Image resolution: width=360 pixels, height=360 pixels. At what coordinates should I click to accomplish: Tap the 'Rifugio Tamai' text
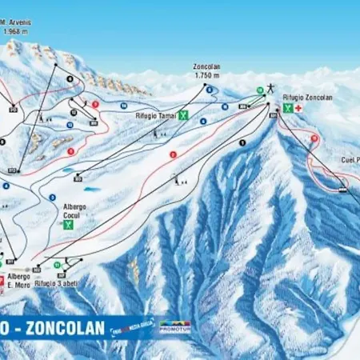click(x=155, y=115)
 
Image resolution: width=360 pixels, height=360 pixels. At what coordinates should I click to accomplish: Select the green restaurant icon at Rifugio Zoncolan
click(x=286, y=107)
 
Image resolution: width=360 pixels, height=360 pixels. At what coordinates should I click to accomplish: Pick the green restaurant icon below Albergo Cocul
click(x=69, y=225)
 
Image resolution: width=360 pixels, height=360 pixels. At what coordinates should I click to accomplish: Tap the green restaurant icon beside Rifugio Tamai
click(x=183, y=115)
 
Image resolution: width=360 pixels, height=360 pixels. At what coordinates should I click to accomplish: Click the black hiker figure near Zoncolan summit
click(x=272, y=87)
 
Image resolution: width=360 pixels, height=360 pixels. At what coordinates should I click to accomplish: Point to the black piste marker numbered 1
click(x=241, y=142)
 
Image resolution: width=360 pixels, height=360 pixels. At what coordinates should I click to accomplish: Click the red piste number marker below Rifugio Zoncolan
click(x=314, y=138)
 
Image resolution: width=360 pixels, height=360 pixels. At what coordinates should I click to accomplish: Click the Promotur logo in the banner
click(x=174, y=326)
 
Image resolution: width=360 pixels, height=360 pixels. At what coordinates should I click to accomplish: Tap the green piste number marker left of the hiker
click(x=259, y=90)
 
